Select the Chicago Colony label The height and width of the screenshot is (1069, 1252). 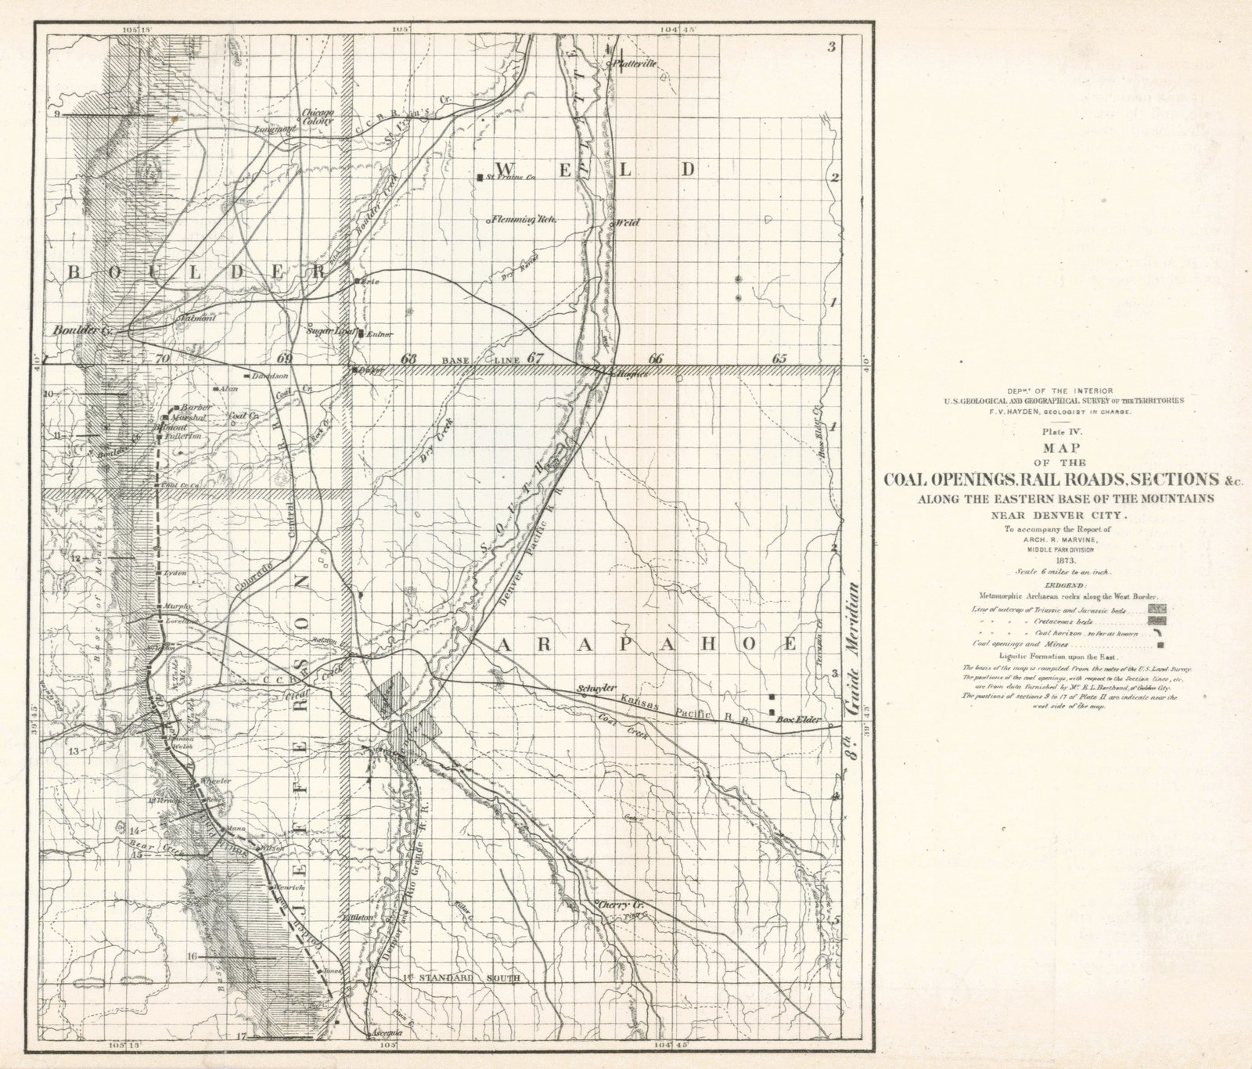[318, 117]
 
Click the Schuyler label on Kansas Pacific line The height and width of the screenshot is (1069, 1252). [593, 688]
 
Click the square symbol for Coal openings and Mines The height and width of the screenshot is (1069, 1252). [1161, 646]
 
